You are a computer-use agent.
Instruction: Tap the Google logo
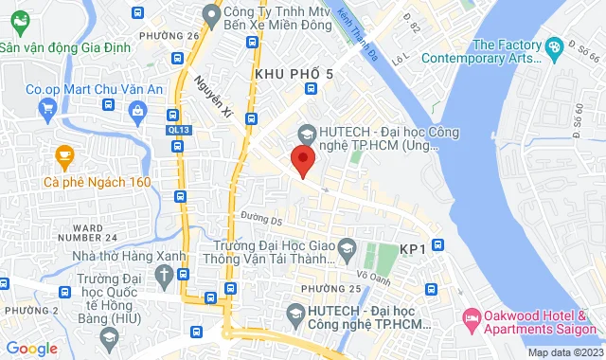coord(31,349)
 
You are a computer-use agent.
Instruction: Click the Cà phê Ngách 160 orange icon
coord(64,153)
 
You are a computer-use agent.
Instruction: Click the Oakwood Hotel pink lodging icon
coord(470,316)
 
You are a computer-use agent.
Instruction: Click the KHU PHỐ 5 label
coord(294,73)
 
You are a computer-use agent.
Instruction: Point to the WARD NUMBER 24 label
coord(100,232)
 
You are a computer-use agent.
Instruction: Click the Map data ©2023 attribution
coord(563,352)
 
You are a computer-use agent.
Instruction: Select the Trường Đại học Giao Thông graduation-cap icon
coord(347,248)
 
